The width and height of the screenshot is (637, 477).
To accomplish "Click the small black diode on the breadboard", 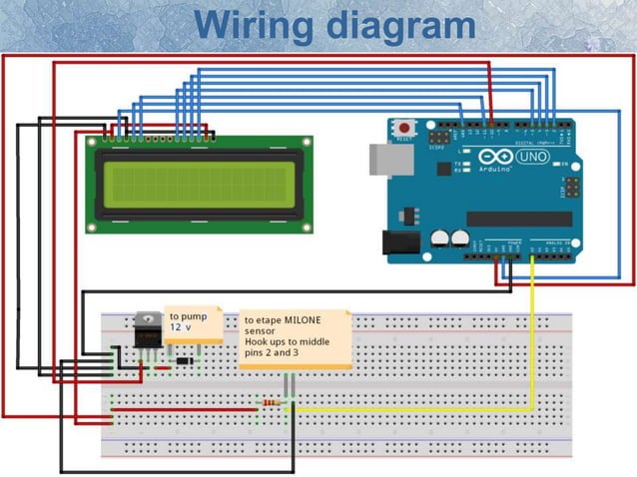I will (183, 360).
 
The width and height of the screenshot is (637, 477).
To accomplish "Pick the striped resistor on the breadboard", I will (271, 402).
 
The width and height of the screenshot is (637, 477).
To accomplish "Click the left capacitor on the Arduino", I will (440, 238).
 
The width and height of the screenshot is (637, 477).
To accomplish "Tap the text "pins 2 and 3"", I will (272, 353).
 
